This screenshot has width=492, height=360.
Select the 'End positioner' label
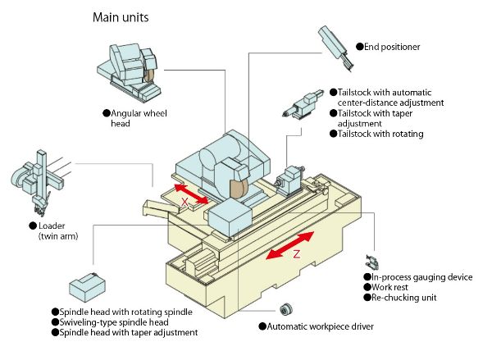tap(386, 48)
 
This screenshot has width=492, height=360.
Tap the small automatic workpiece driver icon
tap(287, 308)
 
